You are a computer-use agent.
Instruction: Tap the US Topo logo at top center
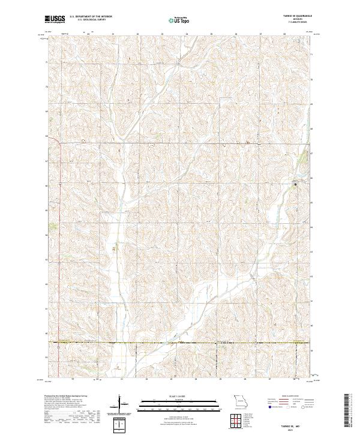[x=179, y=20]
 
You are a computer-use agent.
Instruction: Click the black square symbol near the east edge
[x=295, y=184]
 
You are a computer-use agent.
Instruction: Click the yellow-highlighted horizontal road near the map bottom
[x=180, y=343]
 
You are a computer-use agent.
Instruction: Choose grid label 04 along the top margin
[x=187, y=34]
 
